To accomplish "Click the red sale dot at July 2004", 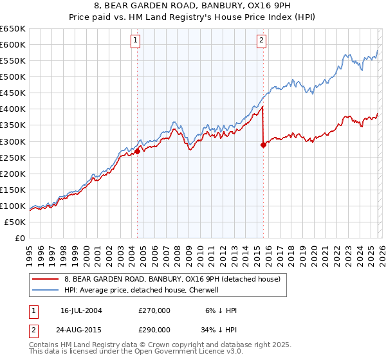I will [138, 151].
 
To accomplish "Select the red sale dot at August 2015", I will [263, 145].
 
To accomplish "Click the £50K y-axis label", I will [15, 222].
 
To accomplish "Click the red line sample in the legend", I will [46, 280].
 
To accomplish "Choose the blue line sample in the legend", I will [46, 290].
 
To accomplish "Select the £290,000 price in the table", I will [154, 328].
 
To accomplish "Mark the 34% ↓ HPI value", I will [219, 328].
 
